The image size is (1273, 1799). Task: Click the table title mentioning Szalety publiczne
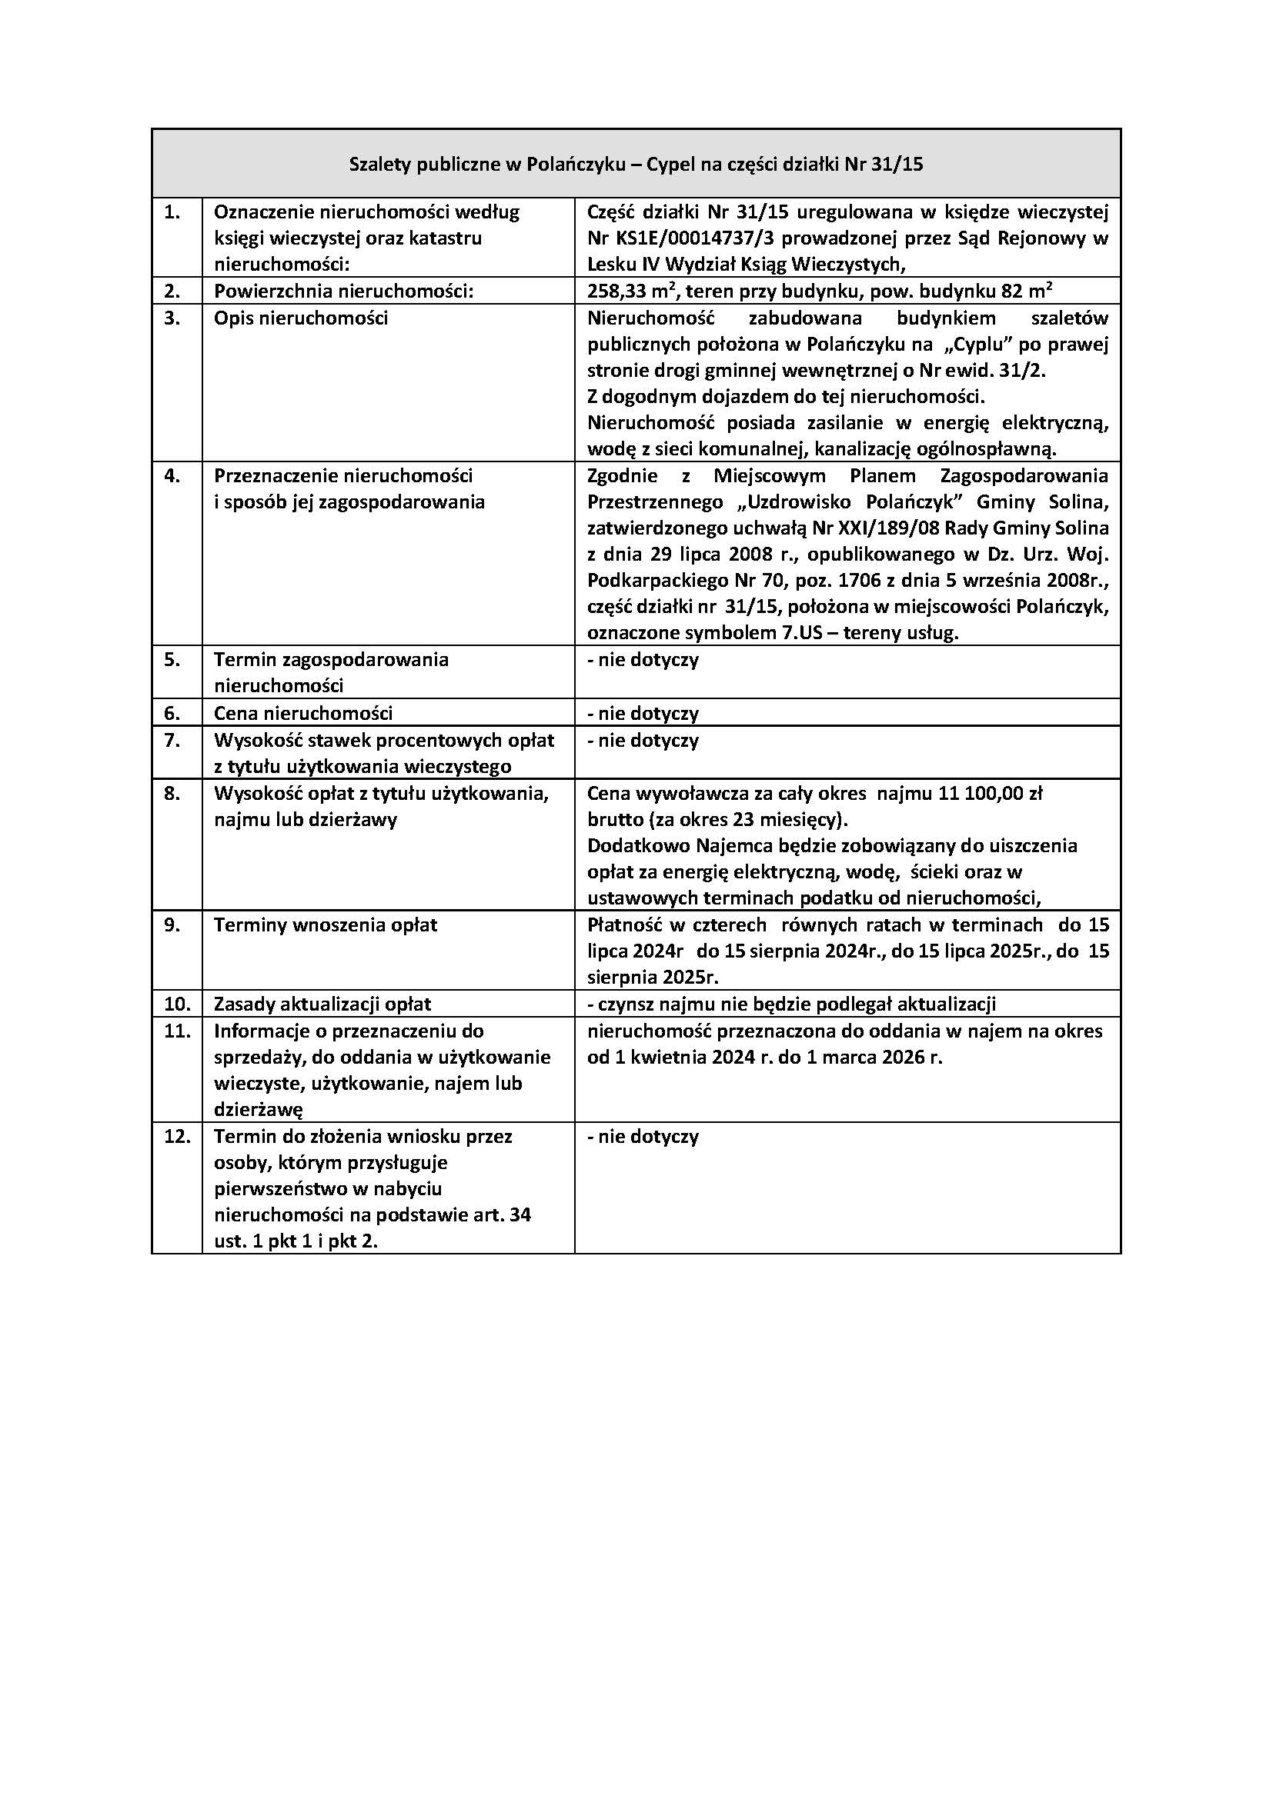[x=636, y=165]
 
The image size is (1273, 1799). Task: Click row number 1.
[x=172, y=212]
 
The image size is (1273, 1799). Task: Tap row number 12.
[x=177, y=1136]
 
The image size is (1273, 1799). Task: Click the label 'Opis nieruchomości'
[x=301, y=318]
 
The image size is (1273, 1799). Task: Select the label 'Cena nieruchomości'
[x=303, y=713]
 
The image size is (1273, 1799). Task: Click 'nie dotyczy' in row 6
[x=647, y=713]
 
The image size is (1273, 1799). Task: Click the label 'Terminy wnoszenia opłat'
[x=326, y=924]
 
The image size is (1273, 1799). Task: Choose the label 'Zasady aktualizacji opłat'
[x=323, y=1004]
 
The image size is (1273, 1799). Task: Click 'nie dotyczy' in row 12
[x=647, y=1136]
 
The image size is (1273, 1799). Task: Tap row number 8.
[x=172, y=793]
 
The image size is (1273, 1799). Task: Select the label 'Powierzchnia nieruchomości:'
[x=344, y=292]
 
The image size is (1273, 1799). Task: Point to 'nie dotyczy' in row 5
[x=647, y=660]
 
